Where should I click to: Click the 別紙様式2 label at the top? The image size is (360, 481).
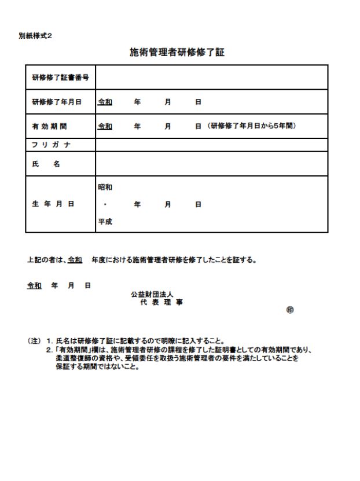35,36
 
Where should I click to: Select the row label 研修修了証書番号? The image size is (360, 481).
60,78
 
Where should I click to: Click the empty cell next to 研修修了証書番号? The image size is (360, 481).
211,78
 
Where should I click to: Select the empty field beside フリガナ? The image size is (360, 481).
211,144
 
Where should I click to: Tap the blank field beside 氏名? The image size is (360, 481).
211,164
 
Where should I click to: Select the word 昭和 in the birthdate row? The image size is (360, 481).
105,188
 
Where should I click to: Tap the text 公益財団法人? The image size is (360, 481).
148,295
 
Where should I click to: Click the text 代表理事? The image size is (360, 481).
159,303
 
